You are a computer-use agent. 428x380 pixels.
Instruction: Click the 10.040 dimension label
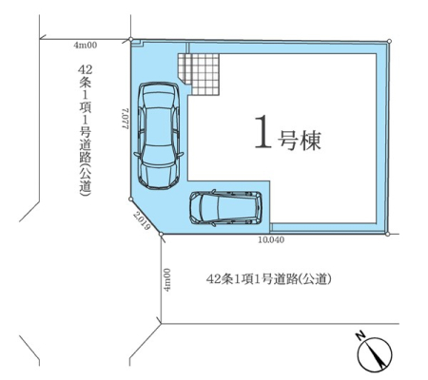[x=271, y=240]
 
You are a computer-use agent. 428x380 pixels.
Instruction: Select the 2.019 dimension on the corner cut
[x=141, y=220]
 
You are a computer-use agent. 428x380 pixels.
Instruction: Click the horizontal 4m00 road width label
[x=86, y=46]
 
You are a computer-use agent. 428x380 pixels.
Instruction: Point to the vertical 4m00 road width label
[x=166, y=280]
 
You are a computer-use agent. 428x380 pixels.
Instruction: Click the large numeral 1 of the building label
[x=263, y=132]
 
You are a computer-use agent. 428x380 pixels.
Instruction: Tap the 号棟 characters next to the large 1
[x=300, y=141]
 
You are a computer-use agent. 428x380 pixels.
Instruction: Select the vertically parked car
[x=159, y=136]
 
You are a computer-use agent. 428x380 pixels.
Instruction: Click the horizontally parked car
[x=225, y=208]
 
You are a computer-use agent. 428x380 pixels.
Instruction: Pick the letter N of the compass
[x=360, y=335]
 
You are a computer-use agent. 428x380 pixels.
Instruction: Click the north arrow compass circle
[x=375, y=354]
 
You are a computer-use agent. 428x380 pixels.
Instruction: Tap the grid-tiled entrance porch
[x=199, y=74]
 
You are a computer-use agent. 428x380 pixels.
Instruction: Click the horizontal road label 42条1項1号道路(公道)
[x=269, y=279]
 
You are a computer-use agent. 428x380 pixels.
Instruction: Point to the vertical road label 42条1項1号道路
[x=85, y=129]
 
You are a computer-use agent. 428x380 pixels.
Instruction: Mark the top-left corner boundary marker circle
[x=130, y=39]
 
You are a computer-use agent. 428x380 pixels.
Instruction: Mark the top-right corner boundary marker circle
[x=389, y=41]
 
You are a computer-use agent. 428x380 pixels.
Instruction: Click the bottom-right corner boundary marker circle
[x=387, y=234]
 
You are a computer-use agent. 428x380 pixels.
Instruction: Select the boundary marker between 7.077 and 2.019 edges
[x=130, y=199]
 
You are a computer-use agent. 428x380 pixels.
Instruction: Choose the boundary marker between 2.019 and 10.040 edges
[x=161, y=234]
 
